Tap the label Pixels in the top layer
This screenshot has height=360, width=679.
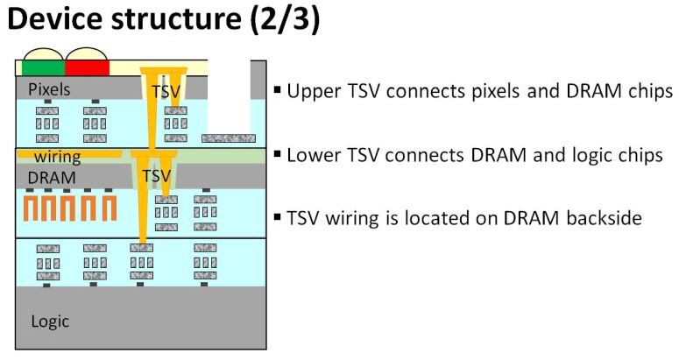tap(49, 89)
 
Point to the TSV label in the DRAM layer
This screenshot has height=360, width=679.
tap(156, 176)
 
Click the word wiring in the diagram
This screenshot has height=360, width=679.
tap(58, 158)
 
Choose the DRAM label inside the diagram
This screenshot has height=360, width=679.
tap(51, 177)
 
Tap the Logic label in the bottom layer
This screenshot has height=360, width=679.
tap(50, 321)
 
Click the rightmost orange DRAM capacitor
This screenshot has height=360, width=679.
tap(108, 208)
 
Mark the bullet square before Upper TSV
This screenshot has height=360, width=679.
tap(278, 91)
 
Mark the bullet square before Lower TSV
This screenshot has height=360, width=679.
tap(278, 155)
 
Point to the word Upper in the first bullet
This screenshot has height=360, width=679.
tap(312, 92)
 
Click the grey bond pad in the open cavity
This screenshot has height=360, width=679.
tap(228, 138)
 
